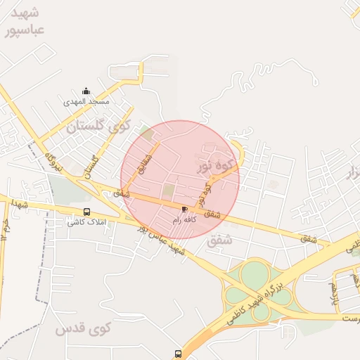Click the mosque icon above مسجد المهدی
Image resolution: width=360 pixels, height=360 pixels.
pyautogui.click(x=86, y=91)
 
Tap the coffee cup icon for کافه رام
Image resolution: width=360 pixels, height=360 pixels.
pyautogui.click(x=185, y=209)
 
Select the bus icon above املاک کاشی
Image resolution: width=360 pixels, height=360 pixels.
pyautogui.click(x=86, y=212)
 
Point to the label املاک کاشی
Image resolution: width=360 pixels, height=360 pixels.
pyautogui.click(x=86, y=222)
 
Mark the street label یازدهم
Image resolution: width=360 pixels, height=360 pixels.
pyautogui.click(x=333, y=294)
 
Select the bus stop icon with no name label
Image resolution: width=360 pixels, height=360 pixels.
pyautogui.click(x=178, y=353)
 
